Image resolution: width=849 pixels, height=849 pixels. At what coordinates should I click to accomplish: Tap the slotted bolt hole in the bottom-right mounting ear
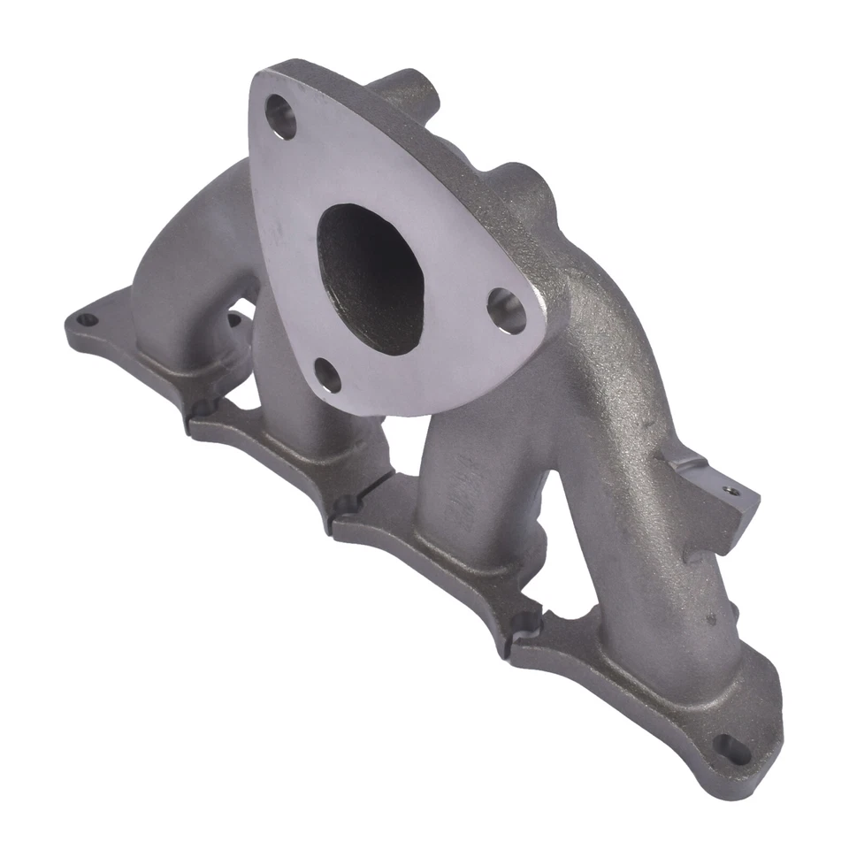728,746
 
